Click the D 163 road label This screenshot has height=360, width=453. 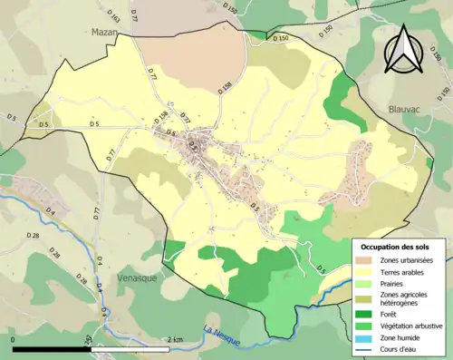114,16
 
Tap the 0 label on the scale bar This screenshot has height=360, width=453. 14,340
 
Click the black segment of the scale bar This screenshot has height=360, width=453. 51,349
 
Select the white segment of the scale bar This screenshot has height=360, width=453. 136,349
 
